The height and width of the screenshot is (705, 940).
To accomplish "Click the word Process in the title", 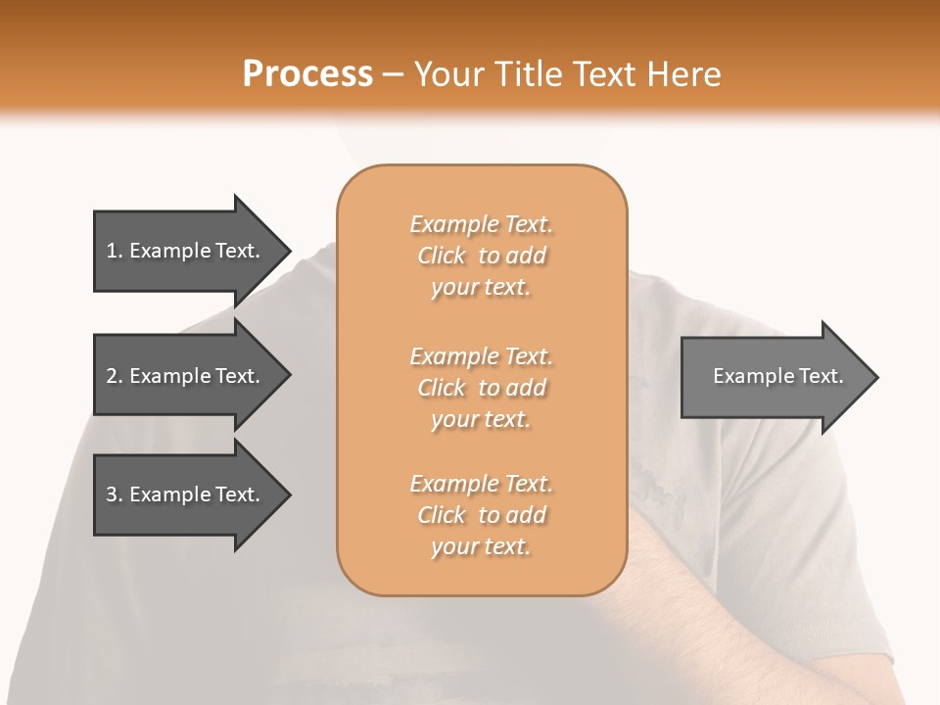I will pos(307,74).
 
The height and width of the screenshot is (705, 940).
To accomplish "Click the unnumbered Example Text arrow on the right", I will pos(774,377).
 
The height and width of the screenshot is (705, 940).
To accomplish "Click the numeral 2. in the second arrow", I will pos(115,376).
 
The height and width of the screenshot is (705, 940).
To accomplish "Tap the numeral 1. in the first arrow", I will pos(115,251).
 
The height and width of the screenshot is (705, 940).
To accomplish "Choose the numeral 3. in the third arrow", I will pos(115,494).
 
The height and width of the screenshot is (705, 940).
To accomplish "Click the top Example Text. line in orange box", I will pos(481,224).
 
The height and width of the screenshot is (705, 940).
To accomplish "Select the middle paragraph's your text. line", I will pos(481,419).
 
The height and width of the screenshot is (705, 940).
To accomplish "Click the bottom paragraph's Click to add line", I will pos(481,515).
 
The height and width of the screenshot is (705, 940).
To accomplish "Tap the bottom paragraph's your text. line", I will pos(481,546).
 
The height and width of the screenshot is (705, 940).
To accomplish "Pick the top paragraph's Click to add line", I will pos(481,256).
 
